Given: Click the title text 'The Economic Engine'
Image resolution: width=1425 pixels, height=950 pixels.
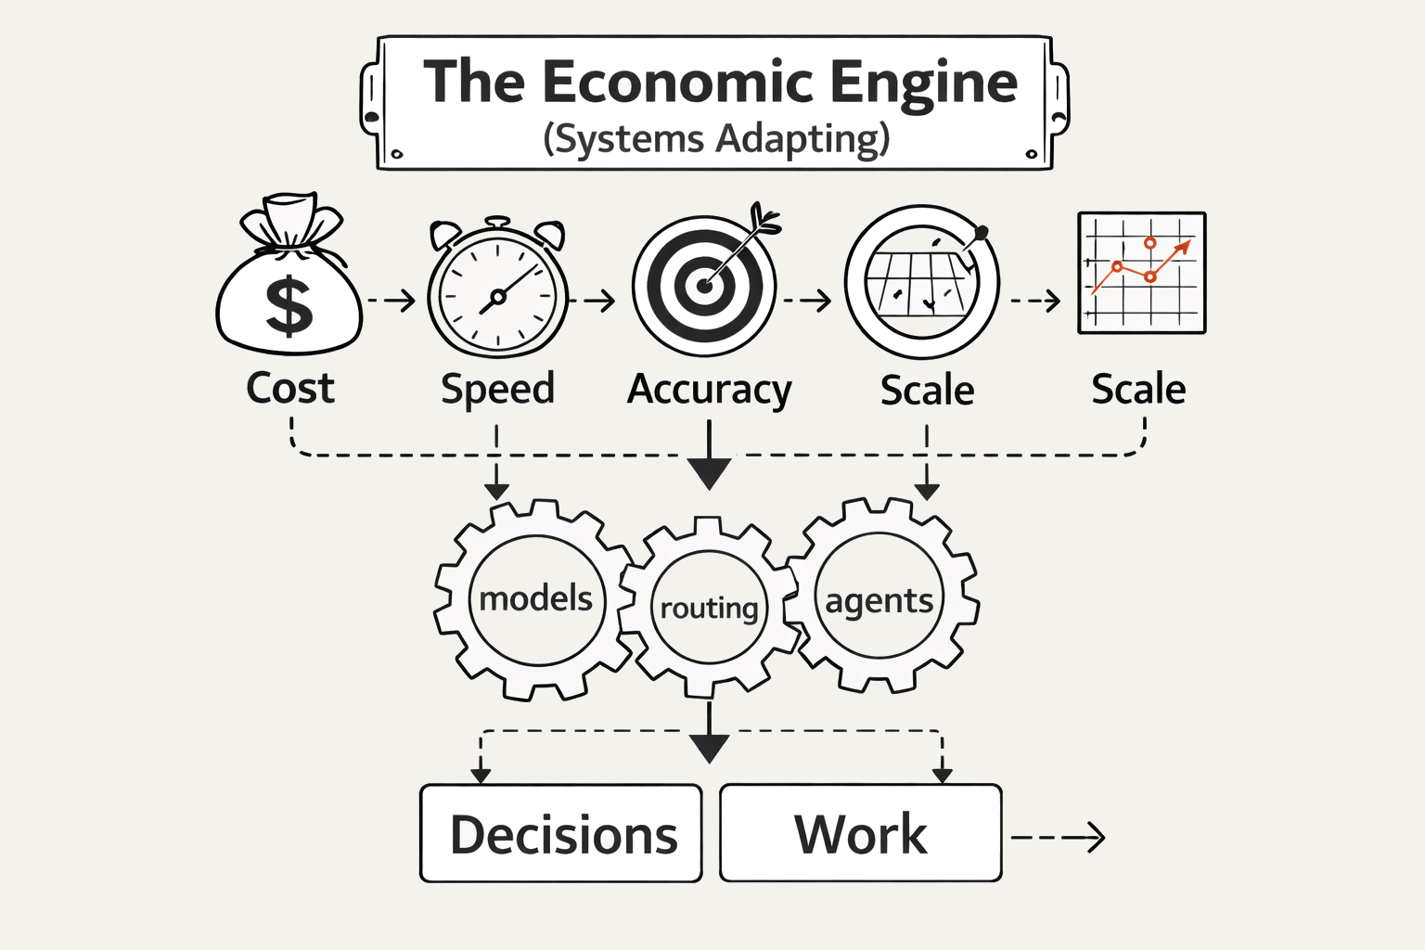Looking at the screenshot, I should tap(720, 82).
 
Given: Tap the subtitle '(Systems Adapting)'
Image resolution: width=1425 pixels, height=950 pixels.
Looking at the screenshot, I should tap(716, 139).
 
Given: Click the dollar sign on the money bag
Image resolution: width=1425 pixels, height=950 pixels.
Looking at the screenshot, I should tap(289, 305).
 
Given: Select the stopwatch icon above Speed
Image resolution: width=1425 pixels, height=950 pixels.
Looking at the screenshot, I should tap(497, 291).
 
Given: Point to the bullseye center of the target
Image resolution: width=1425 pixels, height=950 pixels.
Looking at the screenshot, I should tap(704, 286).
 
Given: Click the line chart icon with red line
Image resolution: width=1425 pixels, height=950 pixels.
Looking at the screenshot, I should tap(1141, 273).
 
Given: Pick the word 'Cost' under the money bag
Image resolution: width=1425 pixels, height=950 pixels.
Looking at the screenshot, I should tap(289, 388).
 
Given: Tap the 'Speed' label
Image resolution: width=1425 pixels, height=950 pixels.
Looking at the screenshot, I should tap(497, 389).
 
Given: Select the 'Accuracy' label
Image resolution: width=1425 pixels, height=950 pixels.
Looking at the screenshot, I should tap(709, 390).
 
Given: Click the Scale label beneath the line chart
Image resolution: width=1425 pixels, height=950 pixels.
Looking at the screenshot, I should tap(1138, 390).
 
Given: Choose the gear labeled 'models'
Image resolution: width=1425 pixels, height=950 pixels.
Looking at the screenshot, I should tap(536, 599).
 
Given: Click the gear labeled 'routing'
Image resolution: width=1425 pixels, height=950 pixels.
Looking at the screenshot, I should tap(709, 609).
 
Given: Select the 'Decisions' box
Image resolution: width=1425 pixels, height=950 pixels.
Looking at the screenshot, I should tap(561, 834).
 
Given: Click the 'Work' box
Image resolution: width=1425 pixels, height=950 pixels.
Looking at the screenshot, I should tap(860, 833).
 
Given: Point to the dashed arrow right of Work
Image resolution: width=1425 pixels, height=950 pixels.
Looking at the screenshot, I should tap(1059, 838).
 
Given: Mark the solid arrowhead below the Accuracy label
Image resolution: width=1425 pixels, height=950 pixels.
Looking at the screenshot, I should tap(710, 473).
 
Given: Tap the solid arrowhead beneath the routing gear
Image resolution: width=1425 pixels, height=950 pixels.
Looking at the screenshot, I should tap(710, 748).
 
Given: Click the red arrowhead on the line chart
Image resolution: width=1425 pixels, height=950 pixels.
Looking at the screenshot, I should tap(1183, 247).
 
